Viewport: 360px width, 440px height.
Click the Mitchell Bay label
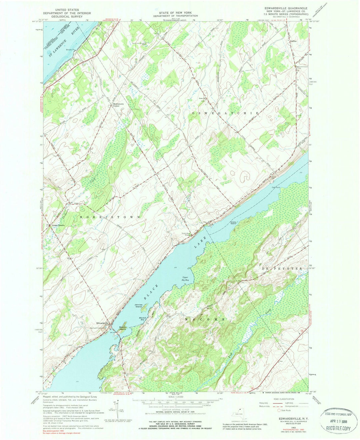coord(143,318)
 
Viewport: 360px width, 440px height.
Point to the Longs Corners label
coord(58,225)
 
